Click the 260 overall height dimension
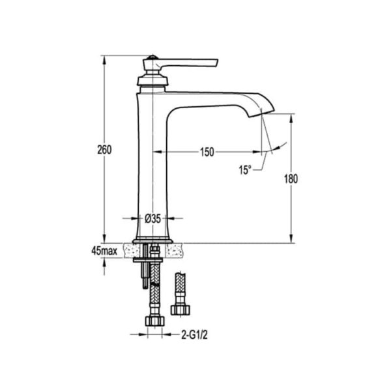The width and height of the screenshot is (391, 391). tap(104, 150)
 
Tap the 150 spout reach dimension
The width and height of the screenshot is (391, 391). tap(207, 152)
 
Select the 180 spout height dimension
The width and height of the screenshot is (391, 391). tap(291, 179)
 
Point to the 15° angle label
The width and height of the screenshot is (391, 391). tap(245, 170)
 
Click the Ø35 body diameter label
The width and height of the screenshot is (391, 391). tap(152, 219)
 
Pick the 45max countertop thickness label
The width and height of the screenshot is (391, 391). tap(104, 251)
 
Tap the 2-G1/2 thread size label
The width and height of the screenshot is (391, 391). tap(194, 335)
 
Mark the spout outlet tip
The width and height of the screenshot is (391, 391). tap(261, 113)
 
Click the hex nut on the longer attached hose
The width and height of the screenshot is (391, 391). tap(155, 320)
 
